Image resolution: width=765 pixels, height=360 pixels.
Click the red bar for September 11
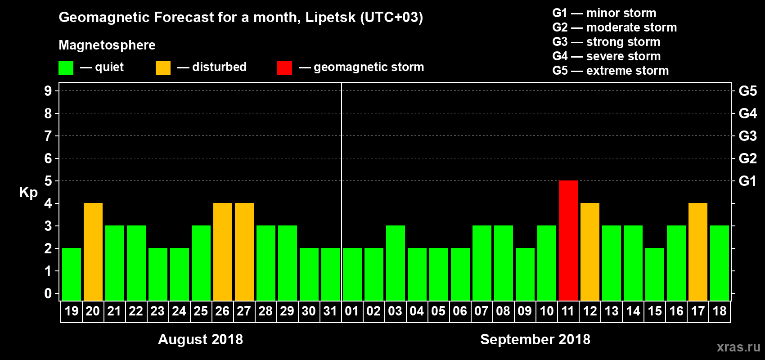coord(568,240)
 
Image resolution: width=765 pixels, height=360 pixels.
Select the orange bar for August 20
coord(93,252)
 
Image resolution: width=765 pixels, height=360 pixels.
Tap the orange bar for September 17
coord(698,252)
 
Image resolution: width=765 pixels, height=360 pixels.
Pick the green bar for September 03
coord(396,263)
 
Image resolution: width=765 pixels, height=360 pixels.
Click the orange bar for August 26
coord(223,252)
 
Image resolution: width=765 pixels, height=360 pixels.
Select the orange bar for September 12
coord(590,252)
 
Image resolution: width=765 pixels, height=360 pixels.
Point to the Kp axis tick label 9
coord(48,91)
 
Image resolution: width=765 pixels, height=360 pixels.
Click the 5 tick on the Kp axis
coord(48,181)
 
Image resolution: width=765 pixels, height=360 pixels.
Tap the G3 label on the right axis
coord(747,136)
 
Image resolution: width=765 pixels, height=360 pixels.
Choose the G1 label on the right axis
coord(747,181)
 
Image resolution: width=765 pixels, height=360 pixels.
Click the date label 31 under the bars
coord(330,311)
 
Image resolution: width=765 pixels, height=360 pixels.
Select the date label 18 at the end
coord(720,311)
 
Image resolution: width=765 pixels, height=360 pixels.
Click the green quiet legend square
coord(66,68)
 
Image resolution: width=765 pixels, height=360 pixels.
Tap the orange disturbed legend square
coord(163,68)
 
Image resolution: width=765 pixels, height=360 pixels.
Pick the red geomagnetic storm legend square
coord(284,68)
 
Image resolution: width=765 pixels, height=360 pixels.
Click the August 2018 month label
coord(200,339)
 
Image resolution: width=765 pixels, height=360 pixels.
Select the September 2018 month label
coord(535,339)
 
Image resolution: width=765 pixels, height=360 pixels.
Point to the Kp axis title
coord(28,192)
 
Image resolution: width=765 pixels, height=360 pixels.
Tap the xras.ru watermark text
coord(738,347)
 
